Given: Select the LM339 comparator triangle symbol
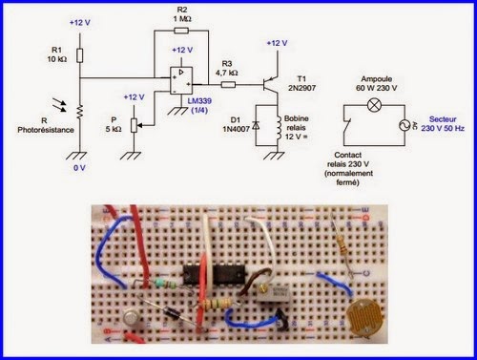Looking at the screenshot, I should click(x=177, y=77).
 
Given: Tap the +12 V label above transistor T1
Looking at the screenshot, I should click(x=275, y=43).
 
